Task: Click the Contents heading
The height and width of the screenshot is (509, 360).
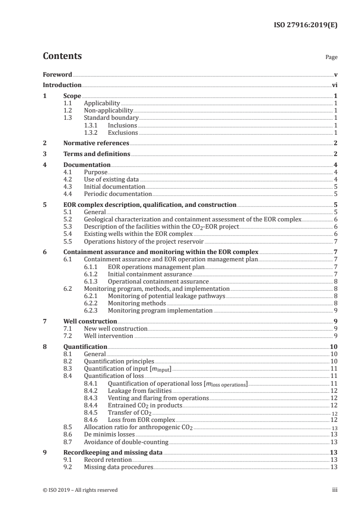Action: [x=62, y=56]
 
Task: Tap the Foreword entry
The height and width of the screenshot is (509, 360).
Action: [x=57, y=74]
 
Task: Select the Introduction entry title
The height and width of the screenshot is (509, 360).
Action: [x=62, y=85]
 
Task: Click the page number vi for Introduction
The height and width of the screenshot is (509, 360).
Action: [x=334, y=85]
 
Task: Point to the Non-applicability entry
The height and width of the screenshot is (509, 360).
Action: [x=108, y=110]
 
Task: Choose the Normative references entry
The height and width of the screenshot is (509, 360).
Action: [x=96, y=143]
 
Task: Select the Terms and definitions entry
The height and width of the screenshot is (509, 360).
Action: [x=97, y=154]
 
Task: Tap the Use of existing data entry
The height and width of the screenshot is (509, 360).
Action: [x=111, y=180]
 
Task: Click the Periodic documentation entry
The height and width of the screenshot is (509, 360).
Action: [x=114, y=194]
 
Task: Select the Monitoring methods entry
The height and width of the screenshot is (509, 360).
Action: [x=137, y=303]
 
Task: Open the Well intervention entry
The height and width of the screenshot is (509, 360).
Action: [x=108, y=336]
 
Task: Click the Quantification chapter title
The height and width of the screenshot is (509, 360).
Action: [x=85, y=347]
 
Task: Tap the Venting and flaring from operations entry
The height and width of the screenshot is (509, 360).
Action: [x=158, y=398]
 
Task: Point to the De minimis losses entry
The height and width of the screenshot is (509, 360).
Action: [x=109, y=434]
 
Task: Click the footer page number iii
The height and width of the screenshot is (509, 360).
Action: [x=335, y=490]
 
